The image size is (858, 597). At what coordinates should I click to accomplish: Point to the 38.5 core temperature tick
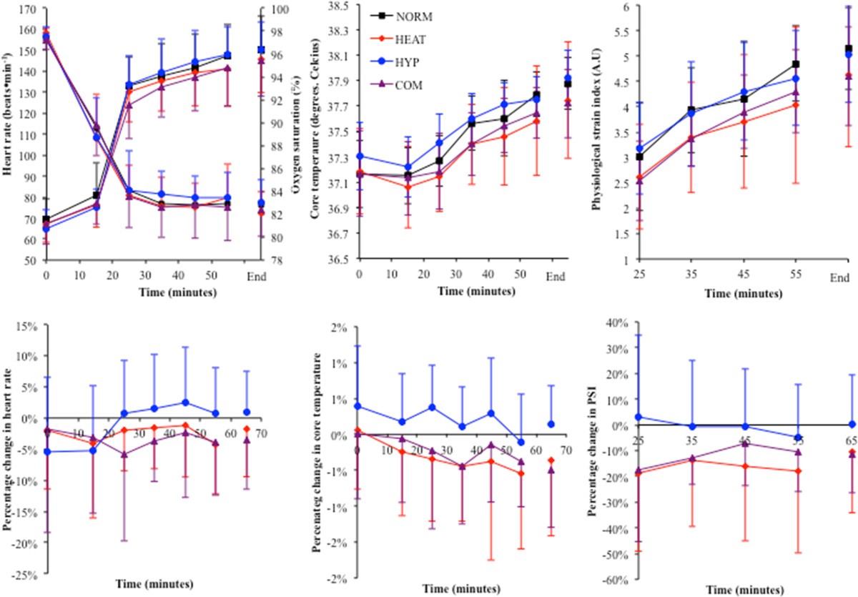pos(336,5)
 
